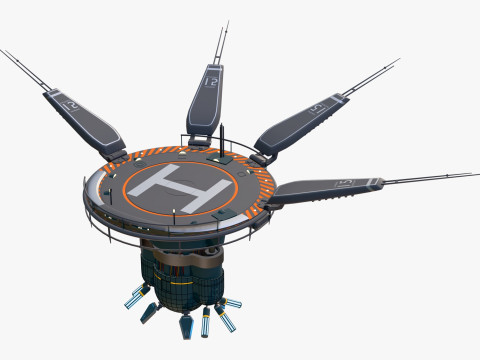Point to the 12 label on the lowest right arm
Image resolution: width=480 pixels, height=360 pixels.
point(346,182)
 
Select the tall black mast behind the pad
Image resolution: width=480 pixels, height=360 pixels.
point(222,139)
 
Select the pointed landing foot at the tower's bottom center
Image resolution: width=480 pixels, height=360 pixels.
point(186,327)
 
